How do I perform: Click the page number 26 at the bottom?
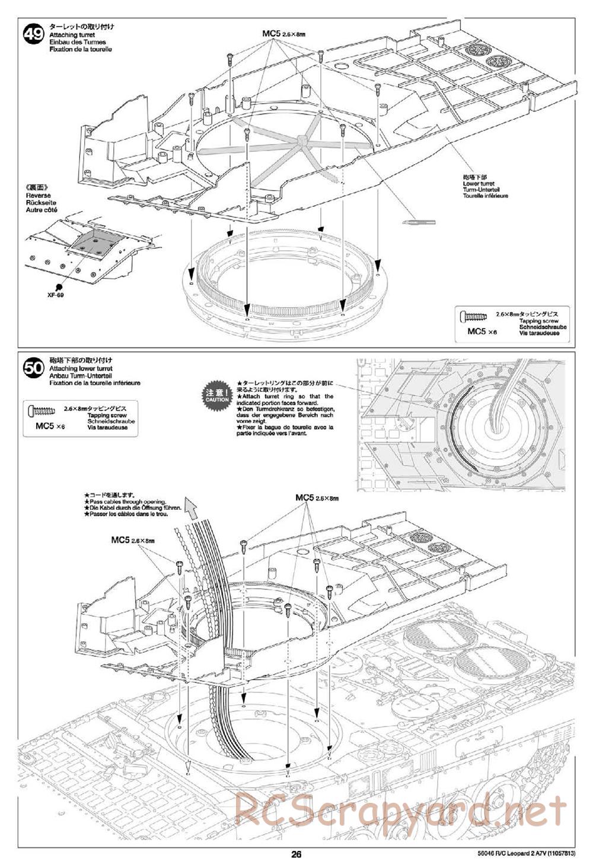296,854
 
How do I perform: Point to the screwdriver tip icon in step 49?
418,222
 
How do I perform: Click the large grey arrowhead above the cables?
191,508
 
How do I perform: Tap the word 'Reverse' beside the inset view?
39,195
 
